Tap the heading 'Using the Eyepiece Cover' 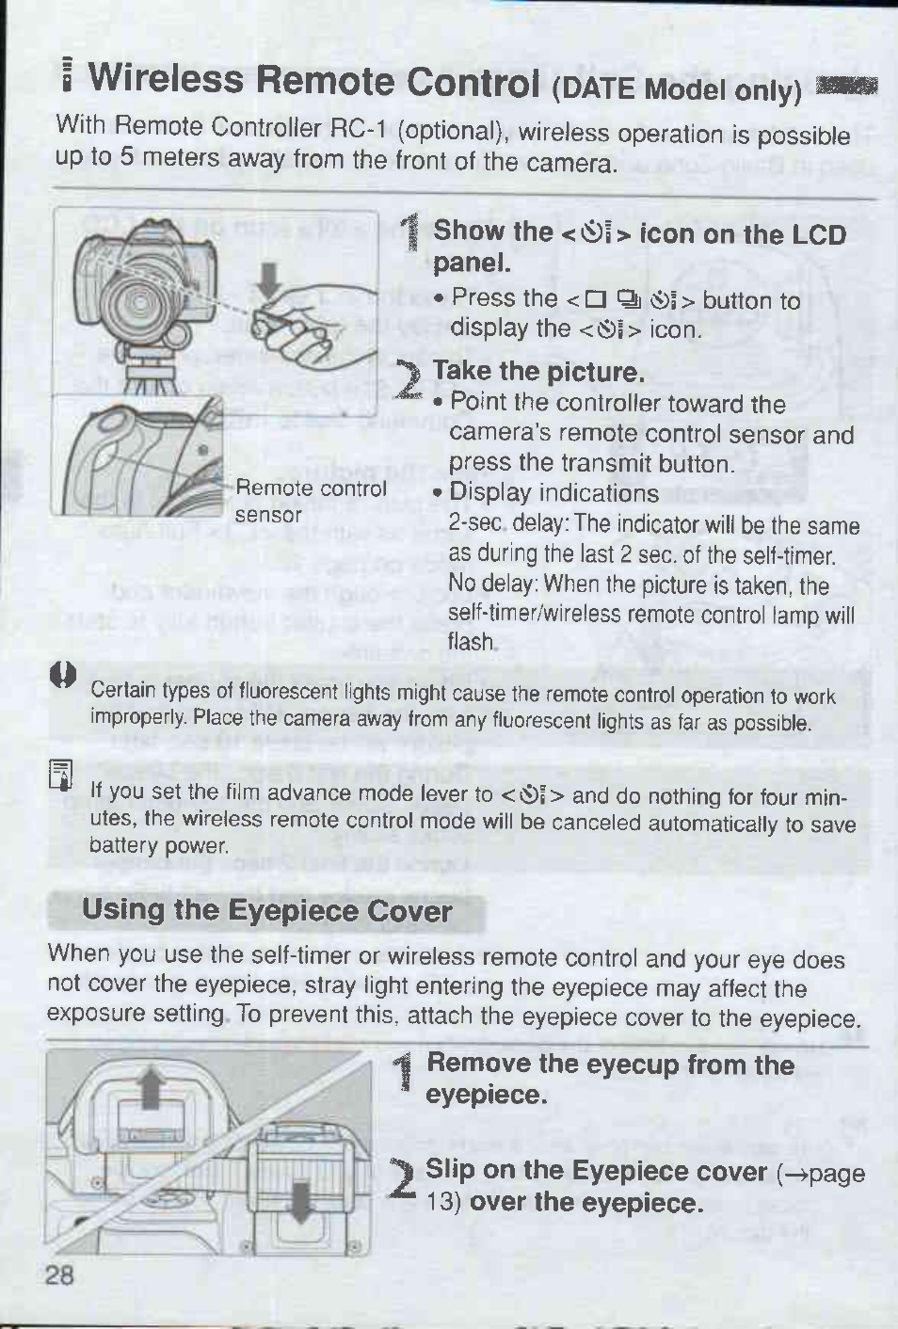(267, 911)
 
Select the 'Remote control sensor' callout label (311, 502)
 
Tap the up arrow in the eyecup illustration (153, 1086)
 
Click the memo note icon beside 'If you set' (63, 775)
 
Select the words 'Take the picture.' (539, 373)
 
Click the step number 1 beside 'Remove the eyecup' (406, 1075)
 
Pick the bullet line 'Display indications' (553, 493)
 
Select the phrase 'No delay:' (493, 584)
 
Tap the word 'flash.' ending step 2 (472, 641)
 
